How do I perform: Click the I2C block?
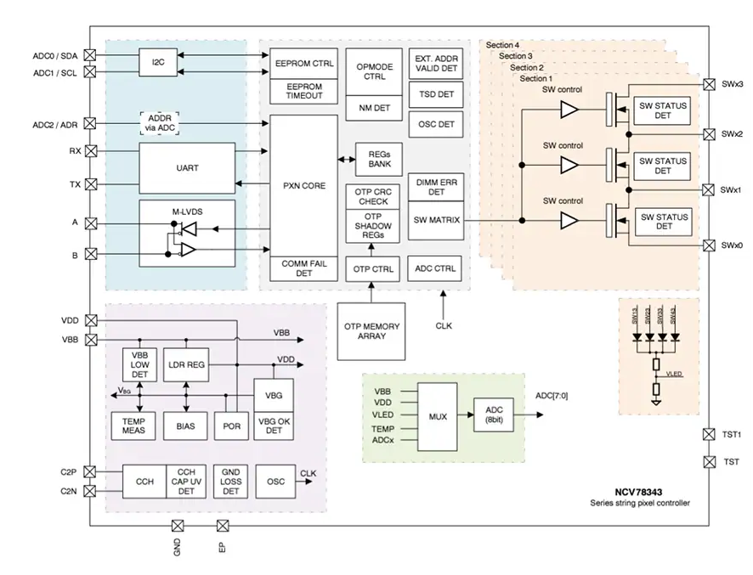coord(157,62)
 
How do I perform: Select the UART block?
coord(187,168)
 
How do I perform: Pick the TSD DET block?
coord(436,94)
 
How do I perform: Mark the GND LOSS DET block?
coord(231,481)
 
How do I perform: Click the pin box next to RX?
coord(91,151)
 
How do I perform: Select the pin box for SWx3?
coord(708,85)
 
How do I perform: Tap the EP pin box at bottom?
coord(223,526)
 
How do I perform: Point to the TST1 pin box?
coord(708,434)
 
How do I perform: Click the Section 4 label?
coord(503,44)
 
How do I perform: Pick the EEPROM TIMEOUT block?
coord(305,91)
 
